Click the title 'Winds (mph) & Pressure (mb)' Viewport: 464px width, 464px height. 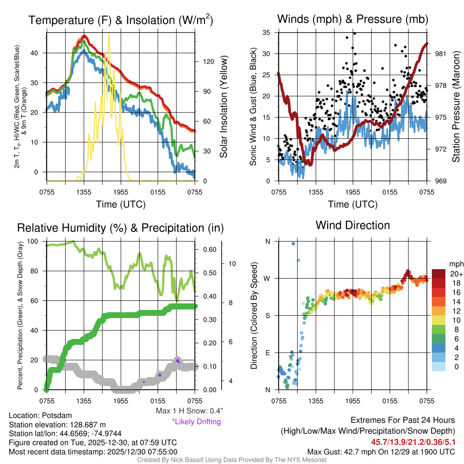[x=353, y=19]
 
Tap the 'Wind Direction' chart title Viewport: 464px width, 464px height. [x=353, y=225]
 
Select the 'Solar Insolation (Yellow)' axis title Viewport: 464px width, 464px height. [x=223, y=107]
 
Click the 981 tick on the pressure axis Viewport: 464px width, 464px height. [x=441, y=53]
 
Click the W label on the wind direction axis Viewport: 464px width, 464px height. [x=267, y=278]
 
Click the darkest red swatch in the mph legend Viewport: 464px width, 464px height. [x=439, y=274]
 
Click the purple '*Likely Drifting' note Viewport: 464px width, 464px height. [x=196, y=421]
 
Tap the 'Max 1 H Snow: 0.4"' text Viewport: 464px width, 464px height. [x=189, y=411]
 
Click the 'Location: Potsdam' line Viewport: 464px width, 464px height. [x=40, y=416]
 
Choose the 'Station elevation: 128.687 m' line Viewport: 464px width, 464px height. [x=57, y=425]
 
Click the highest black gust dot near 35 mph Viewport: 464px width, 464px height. [x=354, y=33]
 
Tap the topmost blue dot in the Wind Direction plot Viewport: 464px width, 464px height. [x=293, y=243]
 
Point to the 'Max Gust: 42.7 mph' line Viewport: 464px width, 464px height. [x=381, y=451]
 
